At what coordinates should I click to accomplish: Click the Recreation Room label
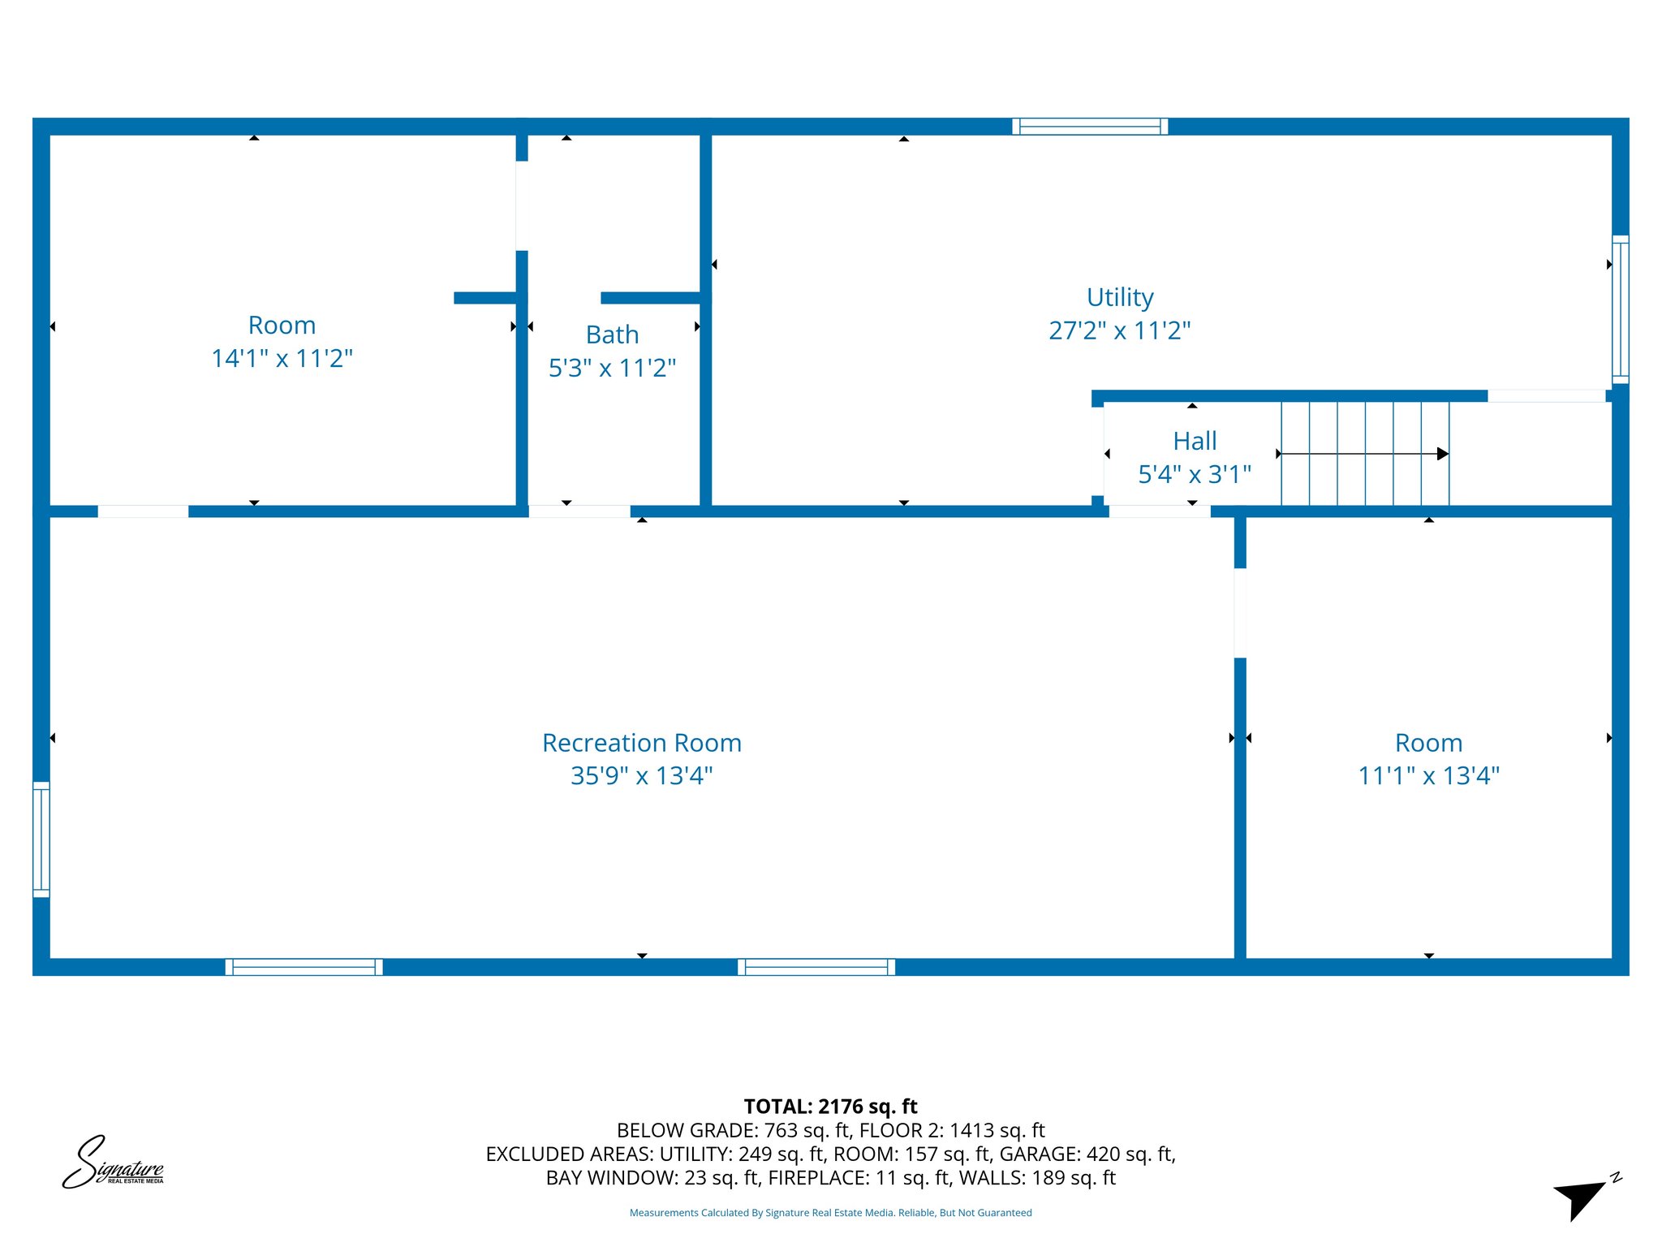641,743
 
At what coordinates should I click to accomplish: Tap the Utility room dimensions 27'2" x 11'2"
1119,330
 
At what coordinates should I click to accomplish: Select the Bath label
612,334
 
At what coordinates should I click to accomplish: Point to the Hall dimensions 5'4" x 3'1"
1194,474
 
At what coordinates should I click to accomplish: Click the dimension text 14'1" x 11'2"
282,358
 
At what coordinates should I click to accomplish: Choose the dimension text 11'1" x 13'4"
1428,775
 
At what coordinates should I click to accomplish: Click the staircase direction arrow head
1442,454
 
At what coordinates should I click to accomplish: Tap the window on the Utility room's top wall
1089,127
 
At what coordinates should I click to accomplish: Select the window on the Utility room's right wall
1620,309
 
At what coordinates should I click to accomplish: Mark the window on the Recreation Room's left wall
41,839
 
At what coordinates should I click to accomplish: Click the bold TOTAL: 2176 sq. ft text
830,1107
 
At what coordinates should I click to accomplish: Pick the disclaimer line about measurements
830,1213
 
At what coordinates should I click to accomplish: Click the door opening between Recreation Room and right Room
1240,613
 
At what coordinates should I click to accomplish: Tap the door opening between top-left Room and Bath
522,205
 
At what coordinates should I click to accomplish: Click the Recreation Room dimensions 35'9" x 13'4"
641,775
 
